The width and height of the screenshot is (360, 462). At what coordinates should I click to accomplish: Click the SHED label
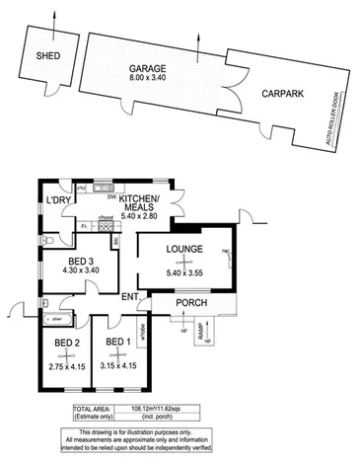[x=46, y=57]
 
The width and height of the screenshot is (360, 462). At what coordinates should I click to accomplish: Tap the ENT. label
[x=130, y=296]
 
